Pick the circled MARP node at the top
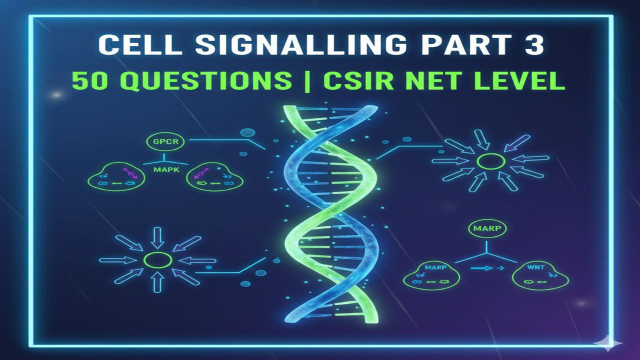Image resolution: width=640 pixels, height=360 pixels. pos(486,228)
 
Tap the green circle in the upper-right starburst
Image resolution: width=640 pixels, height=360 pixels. pos(490,161)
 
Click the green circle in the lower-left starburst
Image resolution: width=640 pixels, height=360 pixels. pos(157,260)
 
